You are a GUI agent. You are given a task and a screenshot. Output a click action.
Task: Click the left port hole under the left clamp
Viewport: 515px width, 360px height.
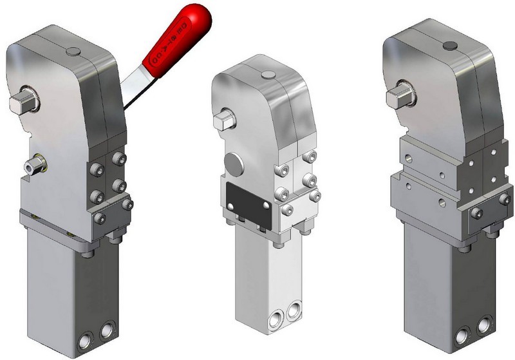coord(86,339)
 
